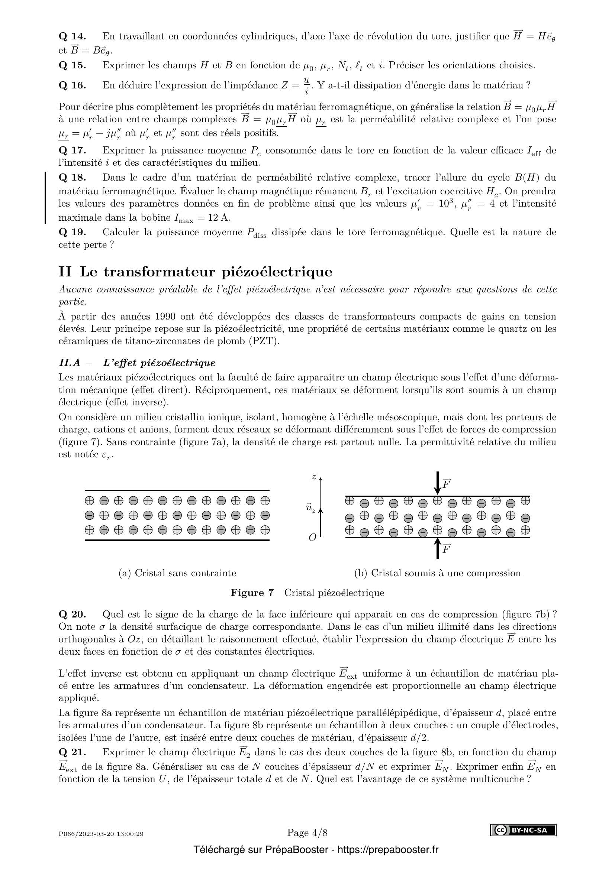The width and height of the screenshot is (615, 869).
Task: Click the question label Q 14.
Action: coord(73,37)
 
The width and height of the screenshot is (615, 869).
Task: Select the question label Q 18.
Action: coord(73,178)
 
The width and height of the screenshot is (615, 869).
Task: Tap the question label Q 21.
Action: coord(73,752)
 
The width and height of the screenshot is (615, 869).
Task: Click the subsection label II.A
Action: coord(70,363)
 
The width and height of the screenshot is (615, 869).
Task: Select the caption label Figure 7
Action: coord(252,593)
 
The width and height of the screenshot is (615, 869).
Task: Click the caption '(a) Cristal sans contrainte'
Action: coord(177,573)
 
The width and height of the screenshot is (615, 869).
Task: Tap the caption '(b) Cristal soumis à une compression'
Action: coord(437,573)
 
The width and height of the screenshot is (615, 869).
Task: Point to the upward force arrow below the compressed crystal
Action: coord(437,548)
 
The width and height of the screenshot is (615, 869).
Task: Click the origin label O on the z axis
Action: coord(312,538)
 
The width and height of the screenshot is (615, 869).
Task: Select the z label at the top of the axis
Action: coord(314,477)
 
